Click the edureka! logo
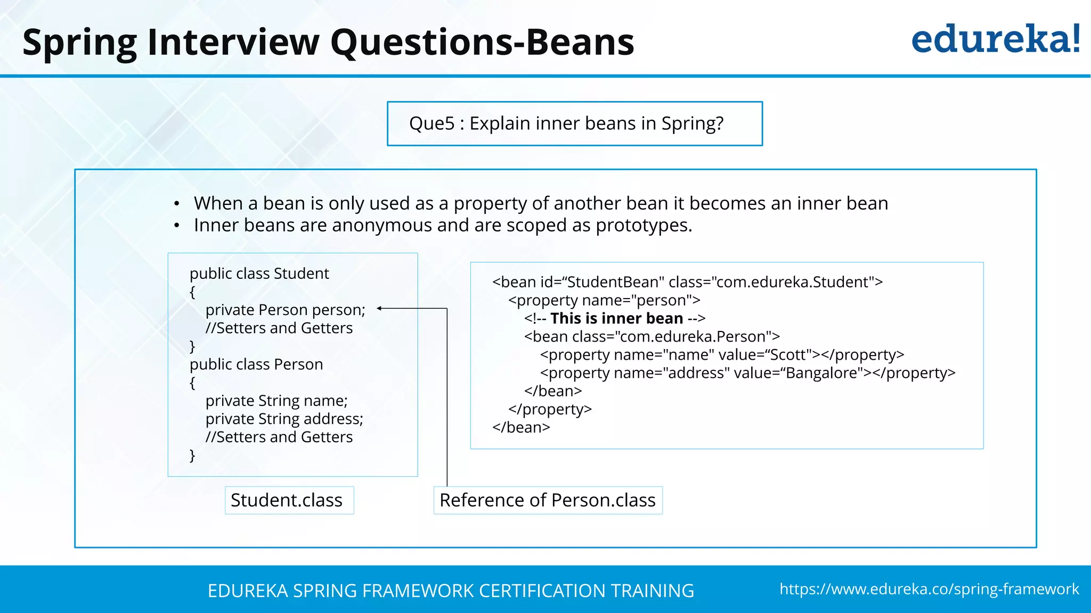pyautogui.click(x=995, y=39)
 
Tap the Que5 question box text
pyautogui.click(x=566, y=123)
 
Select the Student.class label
pyautogui.click(x=287, y=500)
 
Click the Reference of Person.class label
pyautogui.click(x=548, y=500)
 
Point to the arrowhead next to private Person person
pyautogui.click(x=379, y=308)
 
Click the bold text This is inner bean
pyautogui.click(x=616, y=318)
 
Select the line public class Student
pyautogui.click(x=259, y=274)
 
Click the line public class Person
pyautogui.click(x=256, y=365)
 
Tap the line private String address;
pyautogui.click(x=284, y=419)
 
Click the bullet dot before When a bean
pyautogui.click(x=176, y=204)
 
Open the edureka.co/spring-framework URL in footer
pyautogui.click(x=929, y=589)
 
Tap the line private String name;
pyautogui.click(x=276, y=401)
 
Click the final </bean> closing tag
pyautogui.click(x=521, y=427)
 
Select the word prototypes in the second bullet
pyautogui.click(x=642, y=226)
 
